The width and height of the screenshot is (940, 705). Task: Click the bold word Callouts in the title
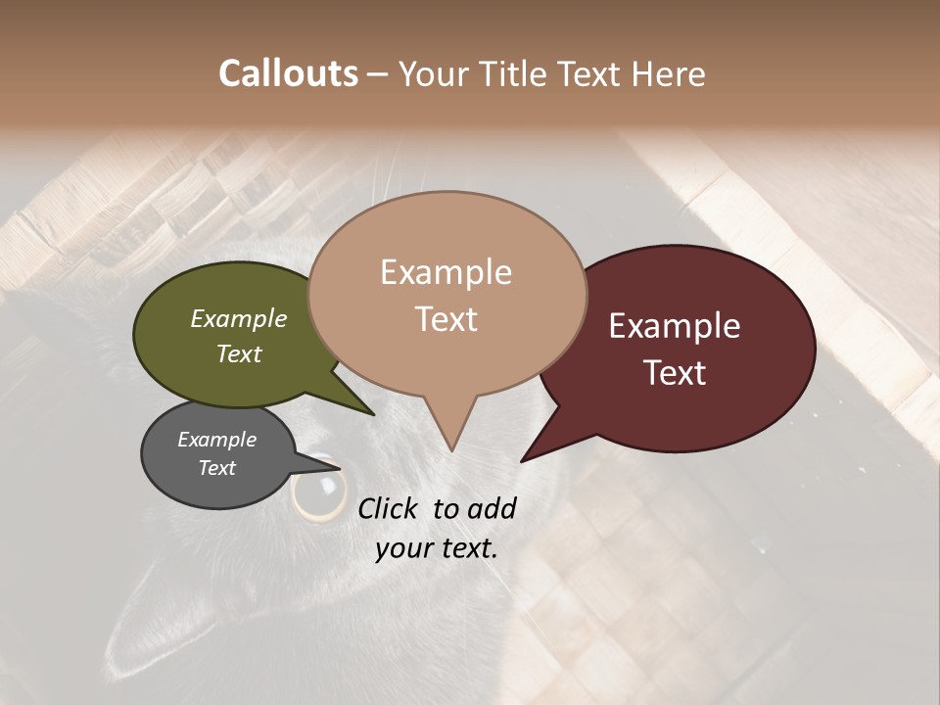(288, 73)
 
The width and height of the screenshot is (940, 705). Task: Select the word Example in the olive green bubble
(239, 319)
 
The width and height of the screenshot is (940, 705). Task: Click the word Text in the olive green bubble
(239, 353)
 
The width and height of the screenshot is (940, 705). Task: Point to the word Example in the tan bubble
(446, 272)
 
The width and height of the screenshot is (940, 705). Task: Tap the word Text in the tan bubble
(446, 319)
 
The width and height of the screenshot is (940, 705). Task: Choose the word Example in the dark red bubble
(675, 326)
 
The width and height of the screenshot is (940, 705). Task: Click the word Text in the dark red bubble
(675, 373)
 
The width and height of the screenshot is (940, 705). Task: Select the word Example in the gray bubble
(216, 440)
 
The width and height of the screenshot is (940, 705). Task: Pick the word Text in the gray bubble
(216, 468)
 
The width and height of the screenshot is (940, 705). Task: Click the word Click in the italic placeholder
(388, 508)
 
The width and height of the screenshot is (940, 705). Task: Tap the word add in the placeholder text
(492, 508)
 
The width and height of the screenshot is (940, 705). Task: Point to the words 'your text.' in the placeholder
(437, 548)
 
